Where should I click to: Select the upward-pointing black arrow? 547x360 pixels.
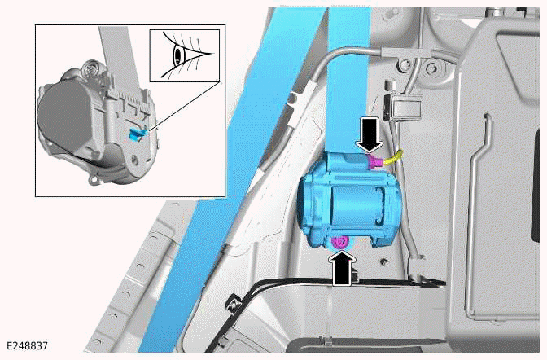[344, 267]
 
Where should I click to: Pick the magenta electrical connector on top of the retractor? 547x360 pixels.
[376, 163]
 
